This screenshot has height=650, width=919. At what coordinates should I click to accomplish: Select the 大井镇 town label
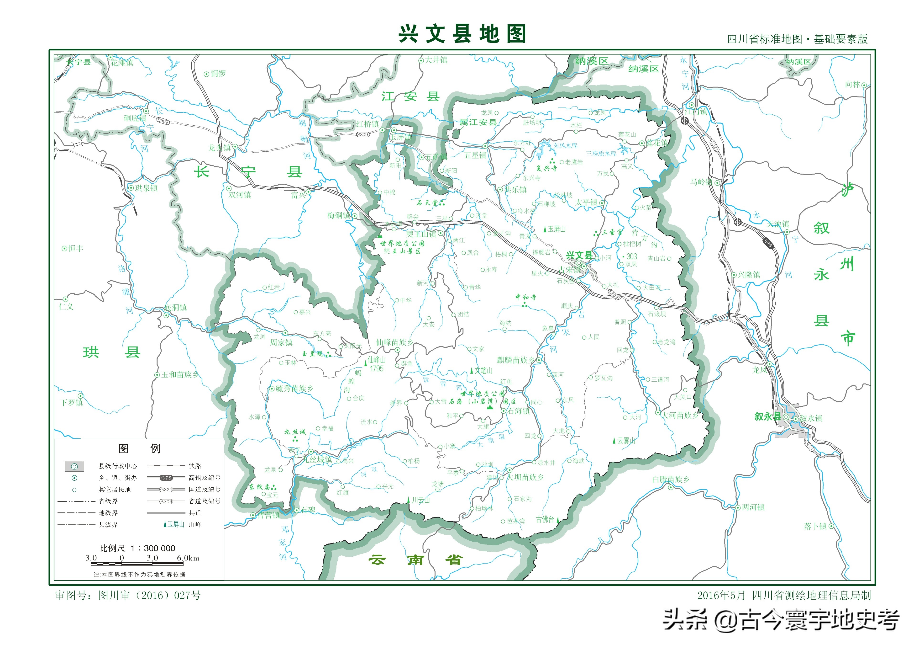(436, 60)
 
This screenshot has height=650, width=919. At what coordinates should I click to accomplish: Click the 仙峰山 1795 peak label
(376, 364)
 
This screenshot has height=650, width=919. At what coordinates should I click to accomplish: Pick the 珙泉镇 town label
(146, 188)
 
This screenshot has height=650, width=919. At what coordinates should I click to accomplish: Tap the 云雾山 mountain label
(626, 441)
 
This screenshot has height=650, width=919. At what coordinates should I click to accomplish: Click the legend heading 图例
(139, 448)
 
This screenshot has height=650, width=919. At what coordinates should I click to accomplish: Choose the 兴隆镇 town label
(748, 275)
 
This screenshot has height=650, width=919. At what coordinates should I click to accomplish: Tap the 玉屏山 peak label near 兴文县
(556, 229)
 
